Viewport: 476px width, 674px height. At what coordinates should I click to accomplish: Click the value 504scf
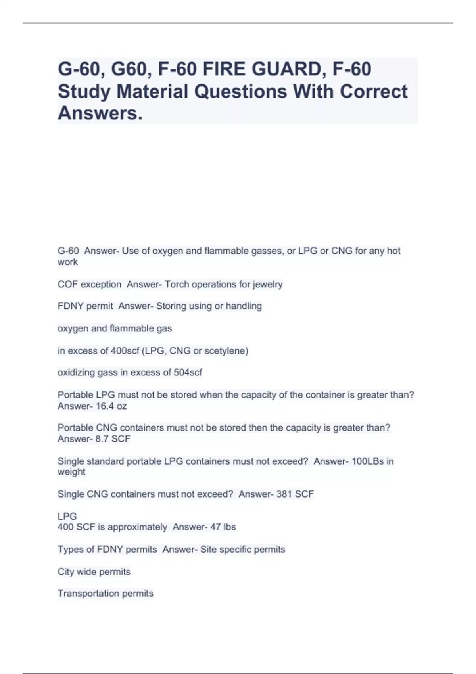(188, 373)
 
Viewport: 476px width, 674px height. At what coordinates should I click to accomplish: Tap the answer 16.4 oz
(111, 406)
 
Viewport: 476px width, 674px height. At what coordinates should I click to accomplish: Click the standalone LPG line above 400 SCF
(67, 516)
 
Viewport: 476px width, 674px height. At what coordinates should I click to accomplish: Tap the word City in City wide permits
(66, 572)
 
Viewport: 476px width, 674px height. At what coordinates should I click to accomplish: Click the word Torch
(177, 284)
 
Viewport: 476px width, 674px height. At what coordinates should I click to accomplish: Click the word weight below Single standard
(71, 472)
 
